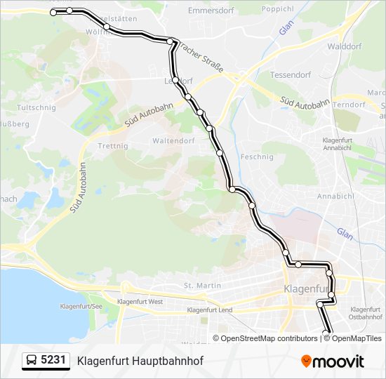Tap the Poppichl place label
(x=277, y=9)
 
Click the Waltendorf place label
(x=173, y=140)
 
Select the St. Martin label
(x=202, y=286)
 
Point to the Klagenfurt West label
(x=141, y=302)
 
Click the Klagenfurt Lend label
(x=209, y=310)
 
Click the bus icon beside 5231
(x=32, y=361)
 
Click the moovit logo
(x=333, y=361)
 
